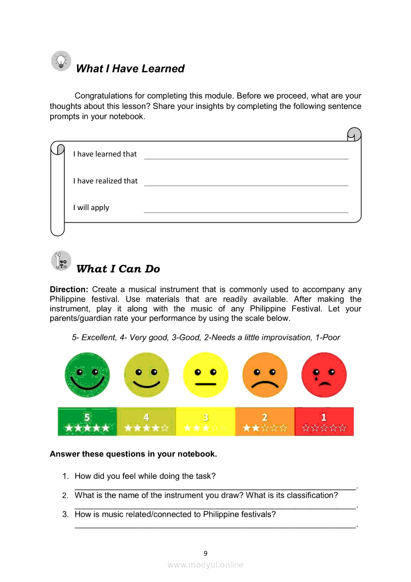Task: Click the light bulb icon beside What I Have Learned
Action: (61, 61)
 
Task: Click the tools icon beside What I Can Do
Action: (61, 261)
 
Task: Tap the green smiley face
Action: (87, 374)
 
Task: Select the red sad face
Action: (324, 374)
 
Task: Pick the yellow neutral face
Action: (205, 374)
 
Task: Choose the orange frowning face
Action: (265, 374)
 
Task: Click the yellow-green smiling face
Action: (146, 374)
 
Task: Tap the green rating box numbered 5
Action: (87, 422)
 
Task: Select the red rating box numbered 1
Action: (324, 422)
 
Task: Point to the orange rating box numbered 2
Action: (265, 422)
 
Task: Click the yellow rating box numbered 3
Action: (205, 422)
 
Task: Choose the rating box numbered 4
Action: (146, 422)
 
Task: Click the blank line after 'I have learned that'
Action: (246, 157)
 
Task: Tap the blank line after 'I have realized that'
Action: (246, 184)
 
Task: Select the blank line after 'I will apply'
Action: (246, 211)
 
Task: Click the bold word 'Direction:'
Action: (69, 289)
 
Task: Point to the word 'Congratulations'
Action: (103, 96)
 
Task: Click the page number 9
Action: (205, 553)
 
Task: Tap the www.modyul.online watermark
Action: (205, 565)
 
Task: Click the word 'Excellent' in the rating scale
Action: (99, 338)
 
